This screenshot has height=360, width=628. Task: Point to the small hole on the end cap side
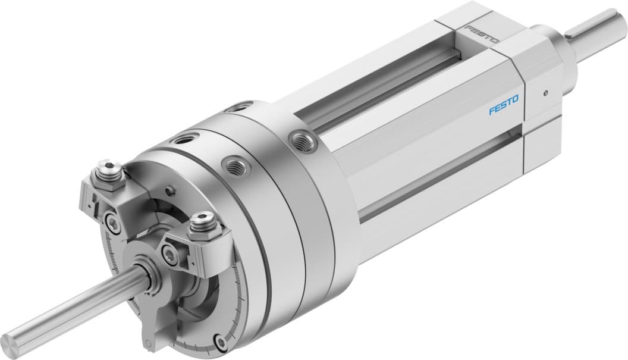545,93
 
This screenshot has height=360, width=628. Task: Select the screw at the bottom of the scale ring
222,343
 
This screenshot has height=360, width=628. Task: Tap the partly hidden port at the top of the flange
237,108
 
